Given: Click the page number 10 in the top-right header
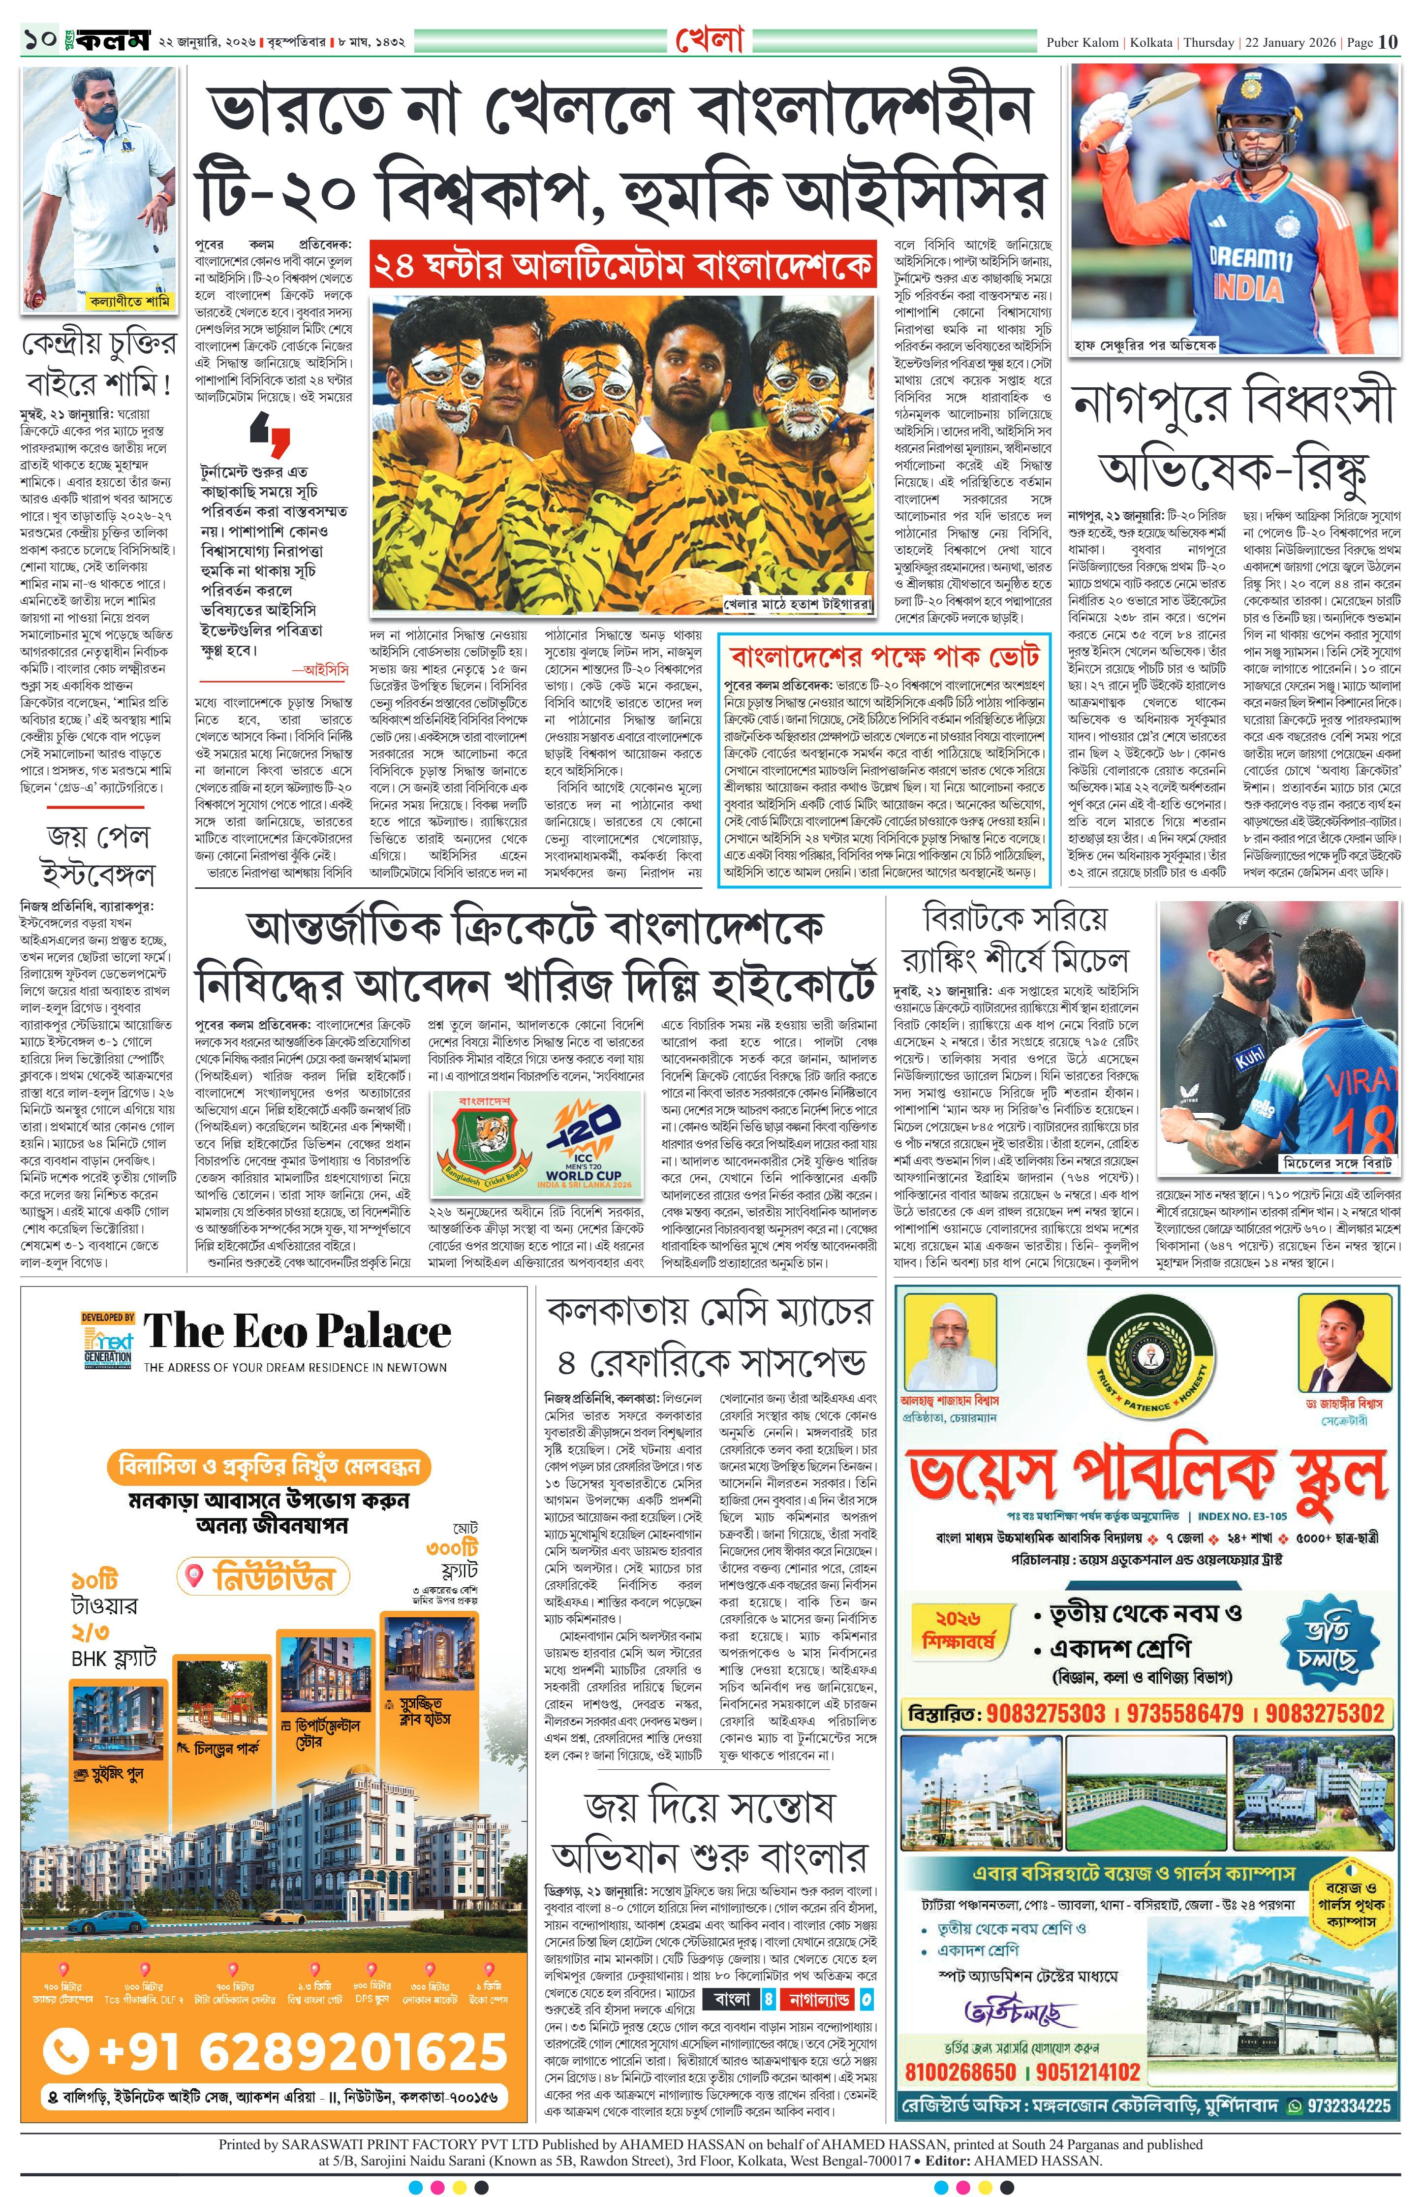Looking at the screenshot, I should tap(1389, 41).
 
